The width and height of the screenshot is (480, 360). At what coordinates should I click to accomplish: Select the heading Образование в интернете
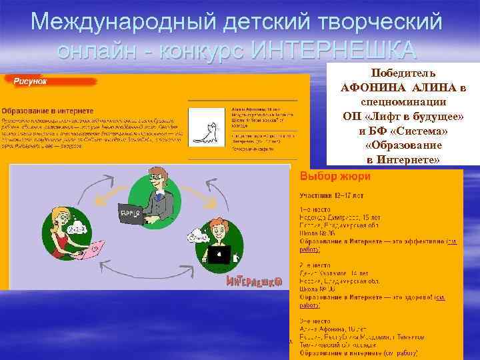pos(47,110)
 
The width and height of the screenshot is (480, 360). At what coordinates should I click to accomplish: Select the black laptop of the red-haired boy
pos(218,254)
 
